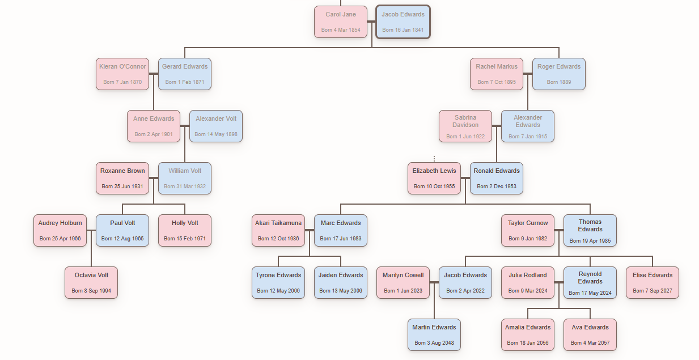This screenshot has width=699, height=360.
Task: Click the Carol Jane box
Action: (x=341, y=22)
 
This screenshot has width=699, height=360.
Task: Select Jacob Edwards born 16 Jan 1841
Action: (x=403, y=22)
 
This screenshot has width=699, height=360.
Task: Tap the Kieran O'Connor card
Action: (x=122, y=74)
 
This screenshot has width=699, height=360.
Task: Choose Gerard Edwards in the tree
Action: (x=185, y=74)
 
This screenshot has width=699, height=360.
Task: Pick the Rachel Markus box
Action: (x=497, y=74)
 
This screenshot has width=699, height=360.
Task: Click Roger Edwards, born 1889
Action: (x=559, y=74)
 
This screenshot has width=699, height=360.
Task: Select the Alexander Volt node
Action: (x=216, y=126)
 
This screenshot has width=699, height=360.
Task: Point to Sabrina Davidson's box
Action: (x=465, y=126)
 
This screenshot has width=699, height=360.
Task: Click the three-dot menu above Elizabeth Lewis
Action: (x=434, y=159)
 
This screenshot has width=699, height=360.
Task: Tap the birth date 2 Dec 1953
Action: (x=497, y=187)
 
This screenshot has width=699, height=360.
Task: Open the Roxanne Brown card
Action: (x=122, y=178)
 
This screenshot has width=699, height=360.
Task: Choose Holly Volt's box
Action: (x=185, y=230)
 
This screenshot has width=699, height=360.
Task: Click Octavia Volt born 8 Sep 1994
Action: (x=91, y=282)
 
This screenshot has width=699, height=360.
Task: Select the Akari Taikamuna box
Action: (x=278, y=230)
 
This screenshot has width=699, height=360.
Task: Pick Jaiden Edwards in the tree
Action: (x=341, y=282)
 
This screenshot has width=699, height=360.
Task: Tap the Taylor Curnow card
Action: (x=528, y=230)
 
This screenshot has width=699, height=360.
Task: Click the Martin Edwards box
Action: (x=434, y=334)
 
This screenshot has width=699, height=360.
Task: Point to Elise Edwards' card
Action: (x=653, y=282)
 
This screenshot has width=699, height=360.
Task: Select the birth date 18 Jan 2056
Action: (x=528, y=343)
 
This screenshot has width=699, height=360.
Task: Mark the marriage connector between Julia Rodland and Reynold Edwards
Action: (x=559, y=282)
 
